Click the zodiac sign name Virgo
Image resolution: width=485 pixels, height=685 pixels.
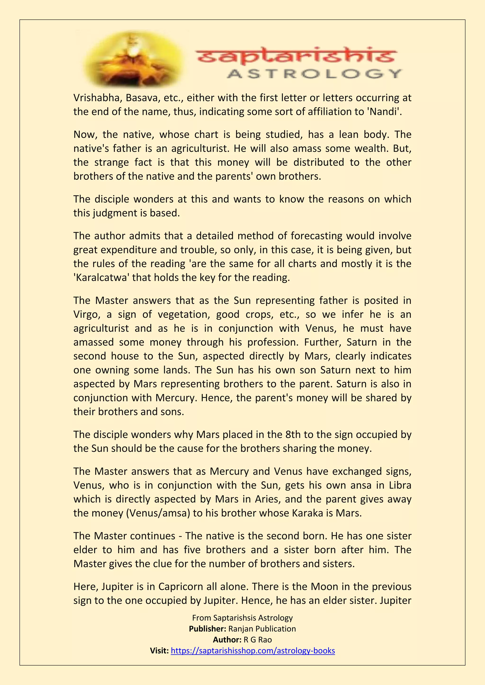[x=87, y=314]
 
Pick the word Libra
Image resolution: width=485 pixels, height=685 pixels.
[x=400, y=485]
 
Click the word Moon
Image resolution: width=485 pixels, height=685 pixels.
[x=324, y=587]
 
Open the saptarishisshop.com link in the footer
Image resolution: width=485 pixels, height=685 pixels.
[x=253, y=650]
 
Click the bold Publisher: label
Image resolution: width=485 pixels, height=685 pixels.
[x=207, y=629]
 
